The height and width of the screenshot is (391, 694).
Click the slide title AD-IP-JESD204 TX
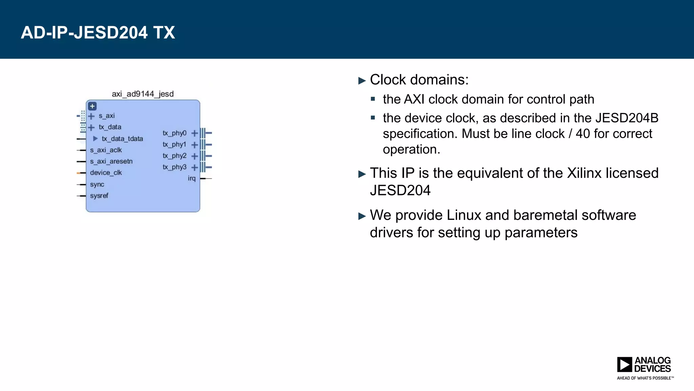98,33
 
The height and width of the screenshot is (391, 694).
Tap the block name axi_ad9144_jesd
143,94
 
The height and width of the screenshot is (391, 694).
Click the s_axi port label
107,116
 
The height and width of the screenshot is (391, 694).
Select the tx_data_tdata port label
122,139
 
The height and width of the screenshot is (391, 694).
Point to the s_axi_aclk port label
106,150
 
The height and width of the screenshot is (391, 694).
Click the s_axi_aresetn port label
111,162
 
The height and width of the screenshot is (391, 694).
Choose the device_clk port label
106,173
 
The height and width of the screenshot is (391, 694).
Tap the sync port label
97,185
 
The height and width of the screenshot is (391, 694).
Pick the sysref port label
99,196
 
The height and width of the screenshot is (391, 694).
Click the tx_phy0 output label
175,133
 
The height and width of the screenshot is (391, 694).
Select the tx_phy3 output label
175,167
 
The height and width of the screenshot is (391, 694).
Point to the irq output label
192,179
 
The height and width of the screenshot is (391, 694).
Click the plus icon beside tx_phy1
195,145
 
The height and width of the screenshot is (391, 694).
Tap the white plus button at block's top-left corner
92,106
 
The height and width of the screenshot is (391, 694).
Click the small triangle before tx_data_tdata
95,138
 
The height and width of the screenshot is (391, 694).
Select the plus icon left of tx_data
91,128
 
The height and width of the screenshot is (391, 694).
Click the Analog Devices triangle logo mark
624,365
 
